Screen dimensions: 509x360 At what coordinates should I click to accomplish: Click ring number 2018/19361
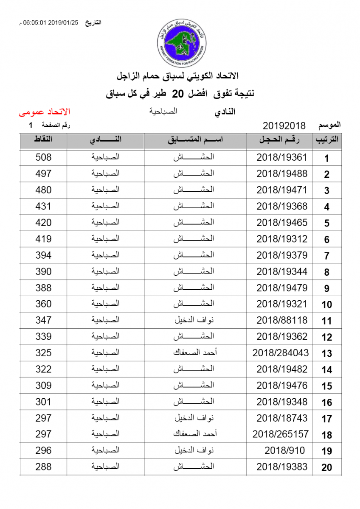tap(281, 157)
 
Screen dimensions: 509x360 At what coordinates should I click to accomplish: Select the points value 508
tap(43, 157)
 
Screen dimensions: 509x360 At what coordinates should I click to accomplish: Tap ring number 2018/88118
tap(281, 320)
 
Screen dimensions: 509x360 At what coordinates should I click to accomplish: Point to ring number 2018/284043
tap(281, 352)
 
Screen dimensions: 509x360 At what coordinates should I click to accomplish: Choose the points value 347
tap(43, 320)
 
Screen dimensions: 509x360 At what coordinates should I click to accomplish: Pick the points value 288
tap(43, 467)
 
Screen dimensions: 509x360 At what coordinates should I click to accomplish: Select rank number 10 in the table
tap(326, 305)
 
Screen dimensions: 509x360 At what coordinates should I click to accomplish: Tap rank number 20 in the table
tap(326, 467)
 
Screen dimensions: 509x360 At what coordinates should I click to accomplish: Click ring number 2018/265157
tap(281, 434)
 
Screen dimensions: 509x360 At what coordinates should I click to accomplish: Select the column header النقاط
tap(43, 140)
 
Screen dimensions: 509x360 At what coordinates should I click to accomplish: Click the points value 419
tap(43, 239)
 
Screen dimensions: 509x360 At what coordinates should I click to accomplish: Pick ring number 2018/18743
tap(281, 418)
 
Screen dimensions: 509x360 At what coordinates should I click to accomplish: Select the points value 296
tap(43, 450)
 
